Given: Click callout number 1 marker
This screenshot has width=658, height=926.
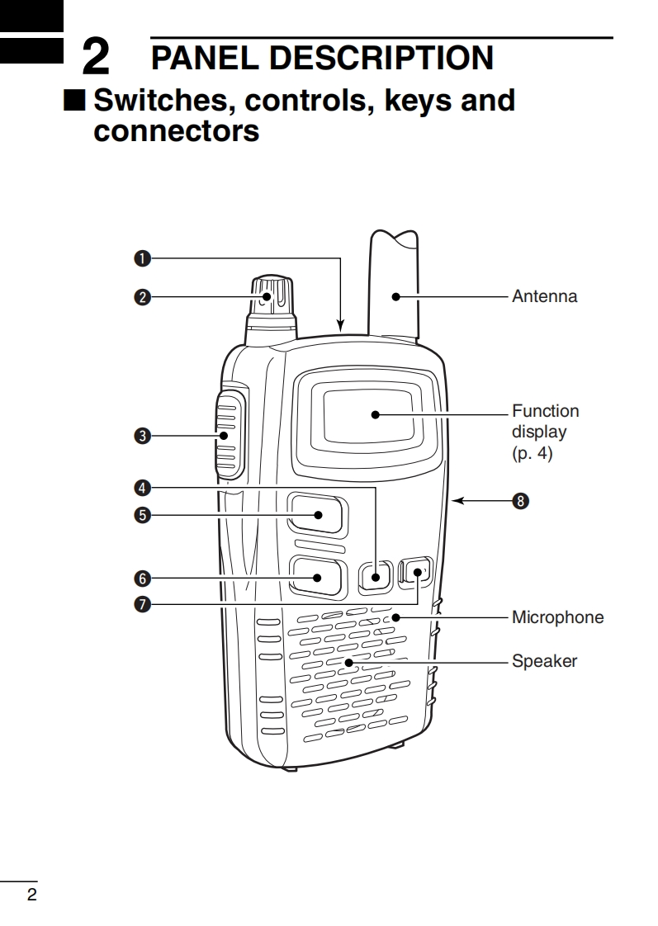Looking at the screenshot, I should (x=142, y=258).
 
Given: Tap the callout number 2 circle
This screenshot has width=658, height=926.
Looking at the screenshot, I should (x=142, y=297).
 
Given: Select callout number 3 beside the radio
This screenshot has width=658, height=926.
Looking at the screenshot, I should (x=142, y=437).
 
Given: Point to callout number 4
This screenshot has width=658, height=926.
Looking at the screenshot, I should (x=142, y=487).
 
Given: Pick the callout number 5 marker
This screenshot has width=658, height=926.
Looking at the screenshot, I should (x=142, y=515).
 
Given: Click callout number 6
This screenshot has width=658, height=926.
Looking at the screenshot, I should (x=142, y=578).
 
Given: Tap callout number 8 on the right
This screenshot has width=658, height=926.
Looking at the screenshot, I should (x=519, y=499).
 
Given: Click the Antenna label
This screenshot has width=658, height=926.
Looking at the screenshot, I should (x=544, y=295).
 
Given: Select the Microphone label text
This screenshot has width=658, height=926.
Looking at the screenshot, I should (x=557, y=617).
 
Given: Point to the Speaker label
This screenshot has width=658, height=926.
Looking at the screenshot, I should (x=544, y=661).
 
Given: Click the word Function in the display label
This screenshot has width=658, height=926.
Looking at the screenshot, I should (x=545, y=411).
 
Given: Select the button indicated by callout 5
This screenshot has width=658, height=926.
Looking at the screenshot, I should (x=317, y=515).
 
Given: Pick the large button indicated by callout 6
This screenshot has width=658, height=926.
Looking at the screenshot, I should (x=317, y=577).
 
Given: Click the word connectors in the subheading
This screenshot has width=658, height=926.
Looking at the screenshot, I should (x=177, y=130).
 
